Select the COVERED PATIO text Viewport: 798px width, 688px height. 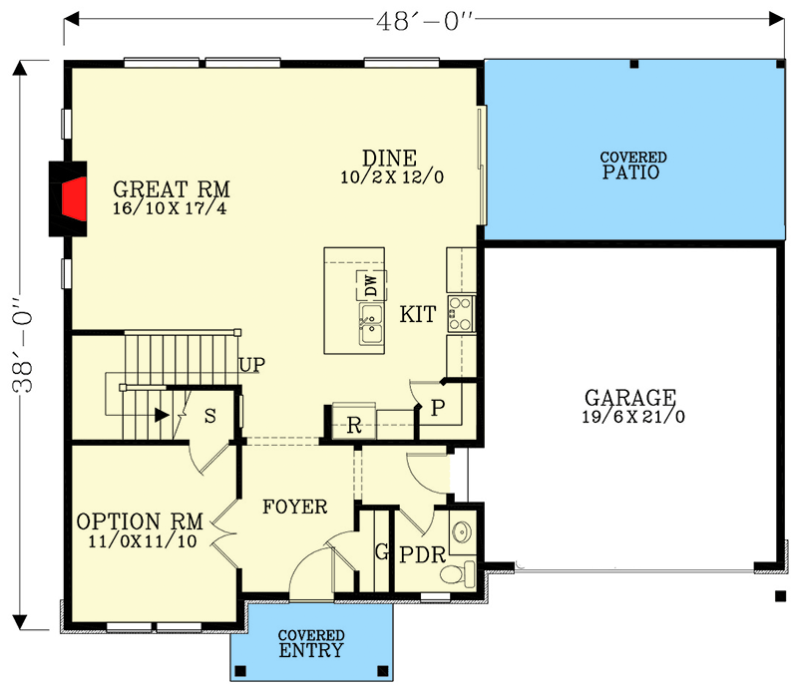click(x=632, y=166)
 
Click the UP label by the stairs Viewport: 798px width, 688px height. click(x=251, y=365)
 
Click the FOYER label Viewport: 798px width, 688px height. click(x=294, y=508)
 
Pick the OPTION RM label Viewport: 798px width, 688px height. click(x=140, y=521)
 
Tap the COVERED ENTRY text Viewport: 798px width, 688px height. click(x=311, y=644)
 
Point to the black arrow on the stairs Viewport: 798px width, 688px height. click(x=160, y=414)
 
